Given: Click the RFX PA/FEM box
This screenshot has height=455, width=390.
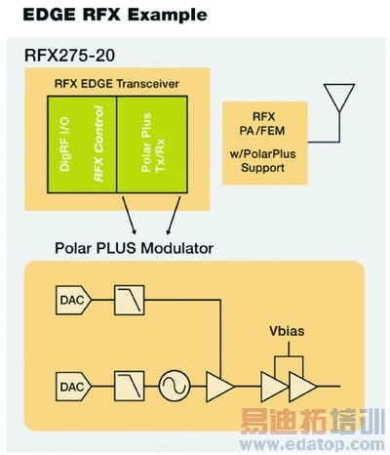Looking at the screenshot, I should click(270, 142).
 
